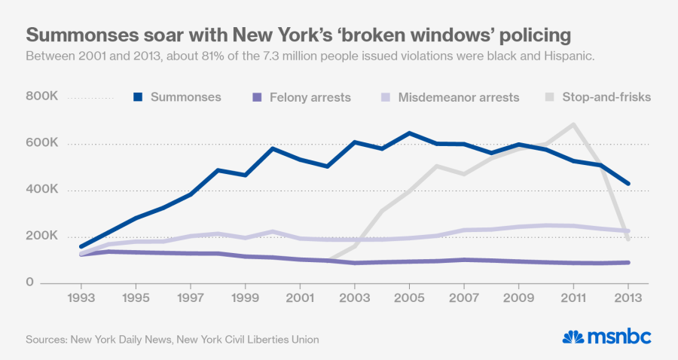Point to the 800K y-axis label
42,97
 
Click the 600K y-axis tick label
42,144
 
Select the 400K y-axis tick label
42,190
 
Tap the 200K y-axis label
42,236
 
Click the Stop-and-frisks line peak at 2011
574,125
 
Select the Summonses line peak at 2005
409,133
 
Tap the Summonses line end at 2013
628,183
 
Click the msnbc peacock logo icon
574,337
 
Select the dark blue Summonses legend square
138,97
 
